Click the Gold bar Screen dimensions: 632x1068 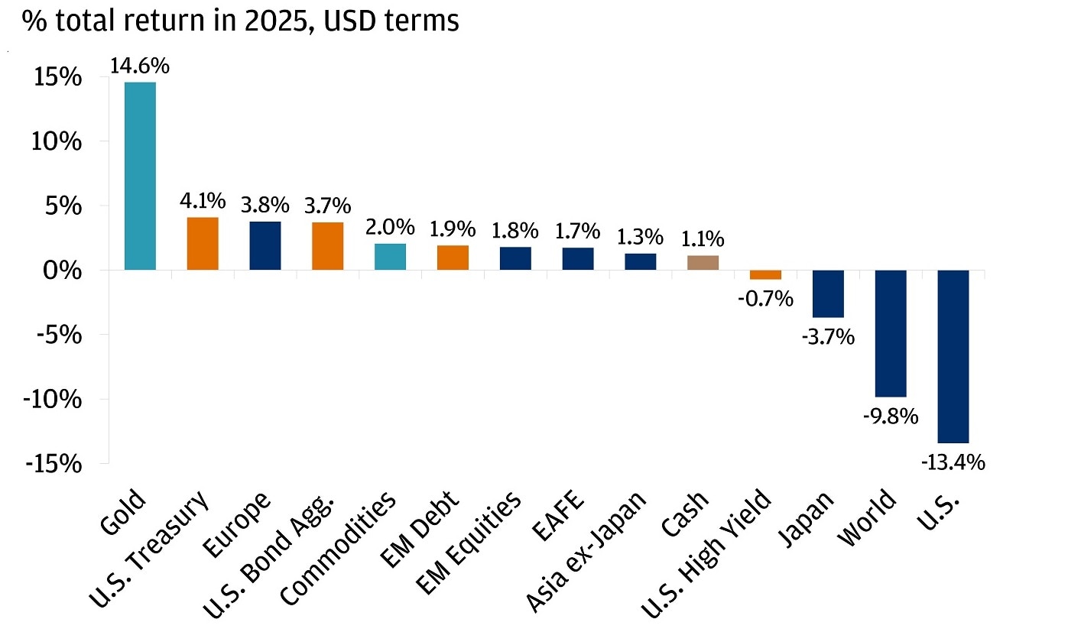[141, 176]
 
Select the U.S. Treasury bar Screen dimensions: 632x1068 [203, 244]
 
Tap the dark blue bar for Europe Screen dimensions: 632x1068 [265, 245]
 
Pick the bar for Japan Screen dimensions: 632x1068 [828, 293]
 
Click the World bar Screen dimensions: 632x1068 [891, 333]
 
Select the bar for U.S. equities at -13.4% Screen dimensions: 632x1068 [953, 356]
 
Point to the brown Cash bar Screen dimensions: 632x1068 [703, 263]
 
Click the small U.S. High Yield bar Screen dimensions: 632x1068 [765, 275]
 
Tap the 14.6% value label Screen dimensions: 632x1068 [139, 66]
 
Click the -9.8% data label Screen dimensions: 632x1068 [891, 416]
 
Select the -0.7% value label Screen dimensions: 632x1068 [765, 299]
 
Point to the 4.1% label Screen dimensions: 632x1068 [202, 202]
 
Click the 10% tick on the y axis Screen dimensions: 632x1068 [57, 142]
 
